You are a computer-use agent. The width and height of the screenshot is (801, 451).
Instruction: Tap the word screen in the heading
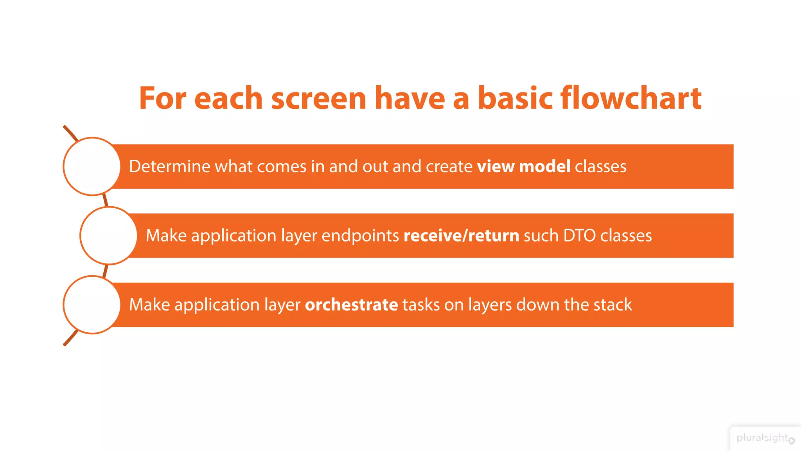(318, 99)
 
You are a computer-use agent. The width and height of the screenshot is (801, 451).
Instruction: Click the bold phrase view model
(523, 166)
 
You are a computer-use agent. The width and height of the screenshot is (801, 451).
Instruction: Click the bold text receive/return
(461, 236)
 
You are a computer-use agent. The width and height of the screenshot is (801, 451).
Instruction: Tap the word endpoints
(360, 236)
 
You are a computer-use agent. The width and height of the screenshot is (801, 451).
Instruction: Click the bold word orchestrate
(351, 305)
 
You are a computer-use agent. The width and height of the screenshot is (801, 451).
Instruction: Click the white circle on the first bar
(92, 166)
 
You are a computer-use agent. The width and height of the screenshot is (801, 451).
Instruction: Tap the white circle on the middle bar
(109, 236)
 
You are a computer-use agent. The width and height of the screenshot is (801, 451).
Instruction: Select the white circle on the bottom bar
(92, 305)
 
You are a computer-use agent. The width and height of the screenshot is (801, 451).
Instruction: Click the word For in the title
(162, 98)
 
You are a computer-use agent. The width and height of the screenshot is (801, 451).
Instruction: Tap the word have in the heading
(409, 98)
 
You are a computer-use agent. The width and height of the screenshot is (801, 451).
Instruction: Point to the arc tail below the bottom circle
(70, 338)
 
